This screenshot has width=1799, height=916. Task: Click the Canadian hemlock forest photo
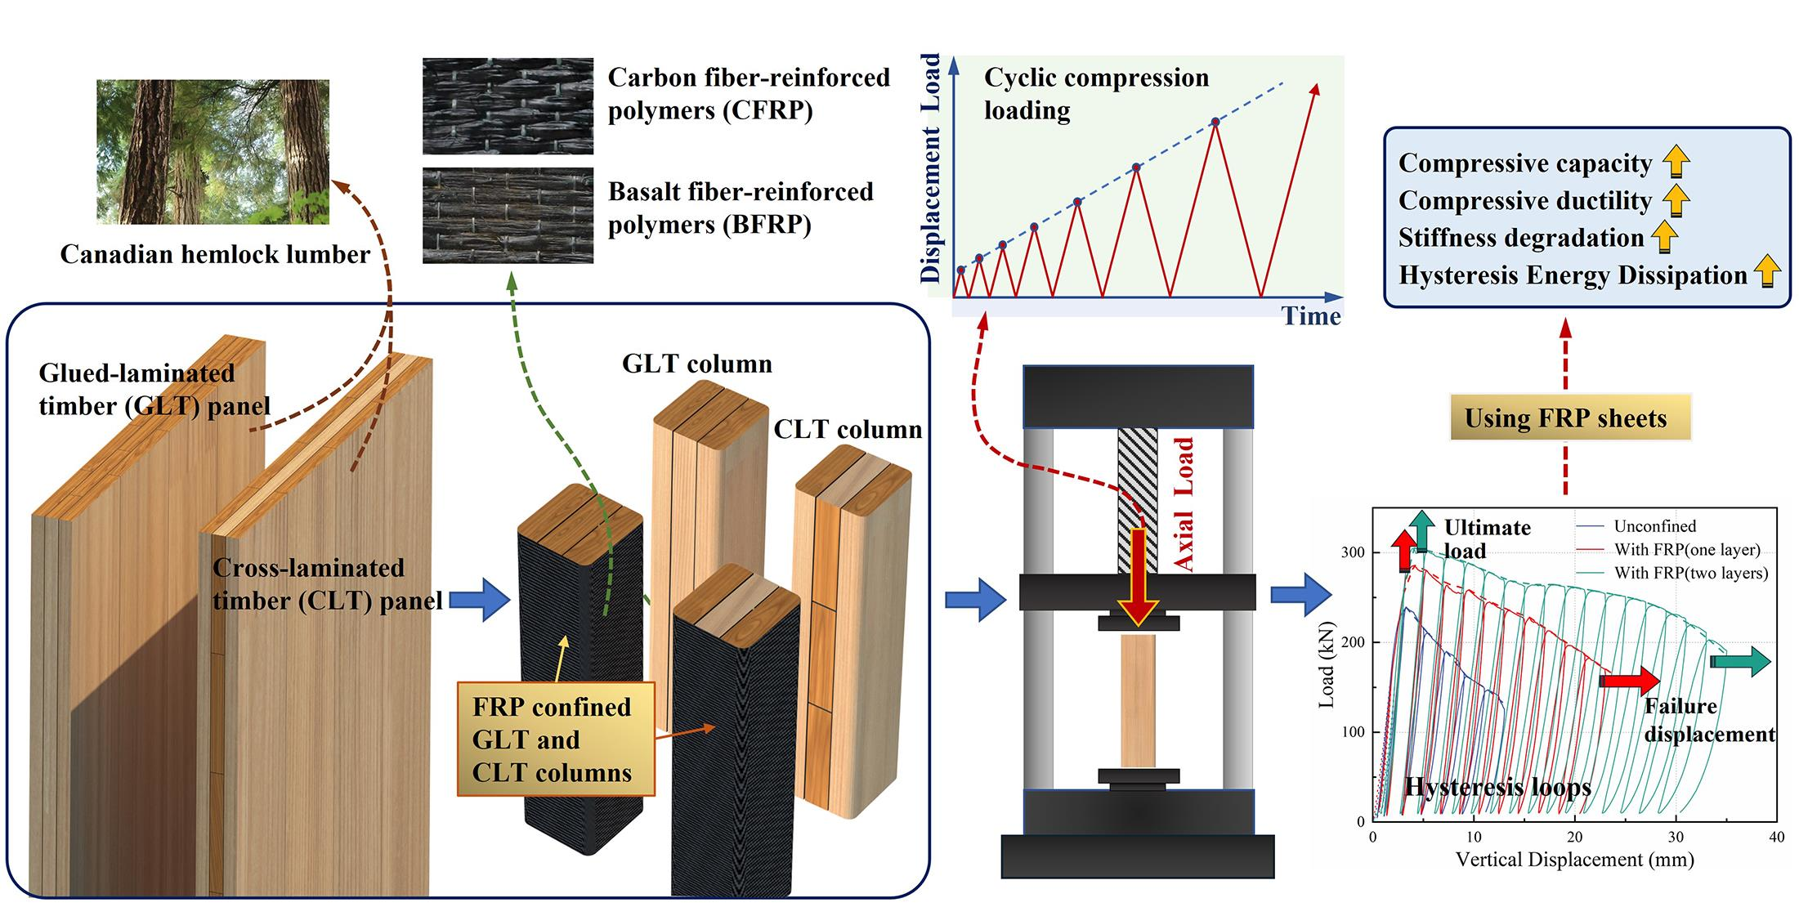pos(213,152)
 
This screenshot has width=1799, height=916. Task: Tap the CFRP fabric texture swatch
pos(508,105)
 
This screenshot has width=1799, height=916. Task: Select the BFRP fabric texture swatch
pos(508,216)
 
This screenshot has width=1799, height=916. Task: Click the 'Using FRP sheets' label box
pos(1564,418)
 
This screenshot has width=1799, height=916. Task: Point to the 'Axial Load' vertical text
pos(1184,503)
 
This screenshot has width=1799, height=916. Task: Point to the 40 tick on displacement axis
pos(1776,838)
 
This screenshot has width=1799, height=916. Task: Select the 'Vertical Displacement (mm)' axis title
pos(1574,860)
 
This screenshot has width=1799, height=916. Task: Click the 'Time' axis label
pos(1310,316)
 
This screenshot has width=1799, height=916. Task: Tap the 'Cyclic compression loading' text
pos(1095,93)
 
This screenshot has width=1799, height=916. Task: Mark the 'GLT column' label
pos(696,364)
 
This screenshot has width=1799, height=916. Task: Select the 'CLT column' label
pos(848,429)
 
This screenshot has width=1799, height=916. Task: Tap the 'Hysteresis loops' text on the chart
pos(1497,787)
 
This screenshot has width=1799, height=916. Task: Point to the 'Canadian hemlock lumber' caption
pos(215,254)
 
